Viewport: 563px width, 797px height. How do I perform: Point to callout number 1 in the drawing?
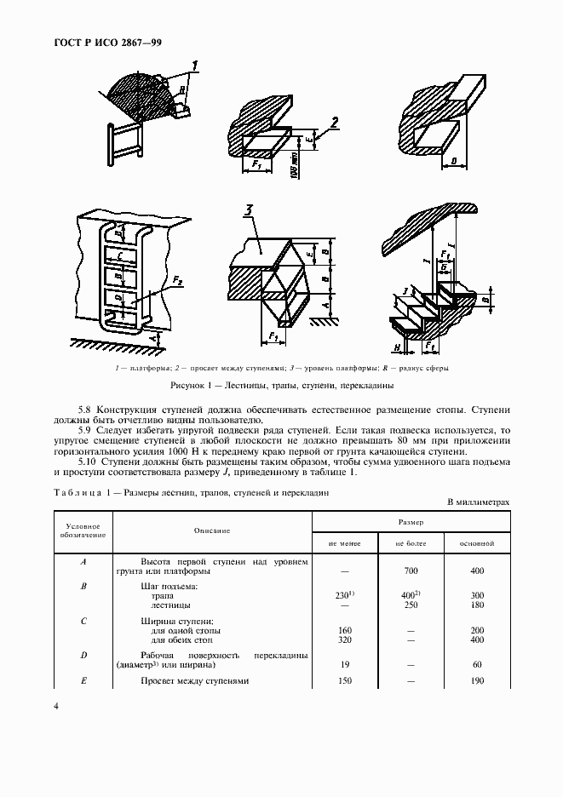195,66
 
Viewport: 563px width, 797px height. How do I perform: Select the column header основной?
476,542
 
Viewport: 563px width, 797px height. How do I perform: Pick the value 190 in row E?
476,681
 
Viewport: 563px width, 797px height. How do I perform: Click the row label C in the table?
83,622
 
